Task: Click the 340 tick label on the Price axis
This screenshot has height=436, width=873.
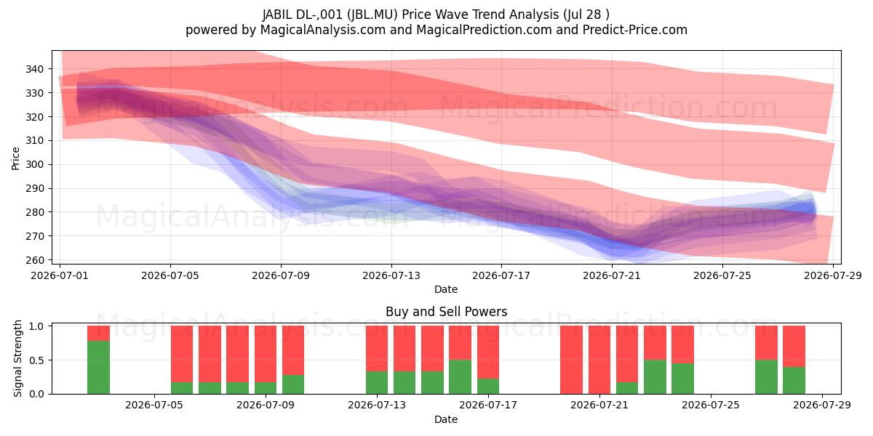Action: coord(34,69)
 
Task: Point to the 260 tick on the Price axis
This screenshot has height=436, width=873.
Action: coord(34,260)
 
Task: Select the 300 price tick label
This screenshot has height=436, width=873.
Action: coord(34,165)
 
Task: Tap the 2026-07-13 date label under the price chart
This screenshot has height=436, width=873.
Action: coord(391,275)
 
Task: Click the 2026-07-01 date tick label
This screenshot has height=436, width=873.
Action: coord(60,275)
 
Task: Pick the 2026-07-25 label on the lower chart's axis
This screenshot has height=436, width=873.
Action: coord(711,405)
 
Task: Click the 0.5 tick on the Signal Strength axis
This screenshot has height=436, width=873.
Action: coord(36,360)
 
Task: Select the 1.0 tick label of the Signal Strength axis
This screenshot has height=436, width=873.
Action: coord(36,326)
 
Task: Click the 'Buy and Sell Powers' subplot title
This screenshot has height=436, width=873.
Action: coord(446,312)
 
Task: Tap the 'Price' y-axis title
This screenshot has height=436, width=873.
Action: coord(15,158)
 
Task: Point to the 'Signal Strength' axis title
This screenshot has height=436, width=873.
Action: coord(17,358)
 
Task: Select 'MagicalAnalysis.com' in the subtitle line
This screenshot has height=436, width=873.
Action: coord(323,30)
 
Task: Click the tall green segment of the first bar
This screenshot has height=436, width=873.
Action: coord(98,368)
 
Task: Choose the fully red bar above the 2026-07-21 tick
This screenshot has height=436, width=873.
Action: coord(599,360)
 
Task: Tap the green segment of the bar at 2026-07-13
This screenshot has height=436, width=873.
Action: coord(377,383)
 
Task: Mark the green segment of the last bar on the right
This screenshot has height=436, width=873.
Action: coord(794,380)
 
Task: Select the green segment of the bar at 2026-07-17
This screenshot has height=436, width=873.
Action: coord(488,386)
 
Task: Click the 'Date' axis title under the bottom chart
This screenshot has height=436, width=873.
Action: coord(446,420)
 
